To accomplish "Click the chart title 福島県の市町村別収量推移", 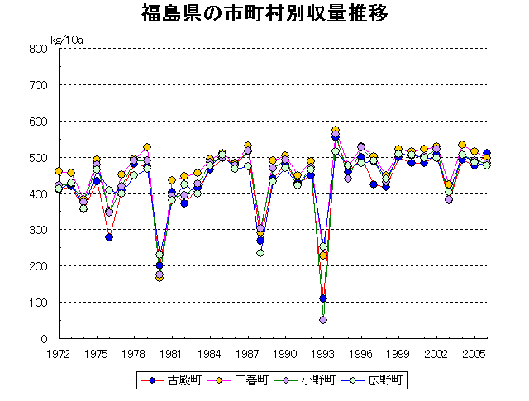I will (x=264, y=14).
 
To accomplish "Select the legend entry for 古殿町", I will (x=178, y=381).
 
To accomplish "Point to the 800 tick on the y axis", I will (x=38, y=48).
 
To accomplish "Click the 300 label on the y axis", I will (x=38, y=230).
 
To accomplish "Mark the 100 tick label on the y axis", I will (x=38, y=302).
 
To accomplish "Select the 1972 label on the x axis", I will (x=59, y=353).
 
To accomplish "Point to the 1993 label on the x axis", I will (x=323, y=353).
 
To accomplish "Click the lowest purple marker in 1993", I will (x=323, y=320).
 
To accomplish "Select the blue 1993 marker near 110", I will (x=323, y=298).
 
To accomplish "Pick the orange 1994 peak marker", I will (x=336, y=131).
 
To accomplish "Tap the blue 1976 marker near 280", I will (x=109, y=237).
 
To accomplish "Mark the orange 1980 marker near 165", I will (x=160, y=278).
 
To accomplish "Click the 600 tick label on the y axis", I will (x=38, y=121).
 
